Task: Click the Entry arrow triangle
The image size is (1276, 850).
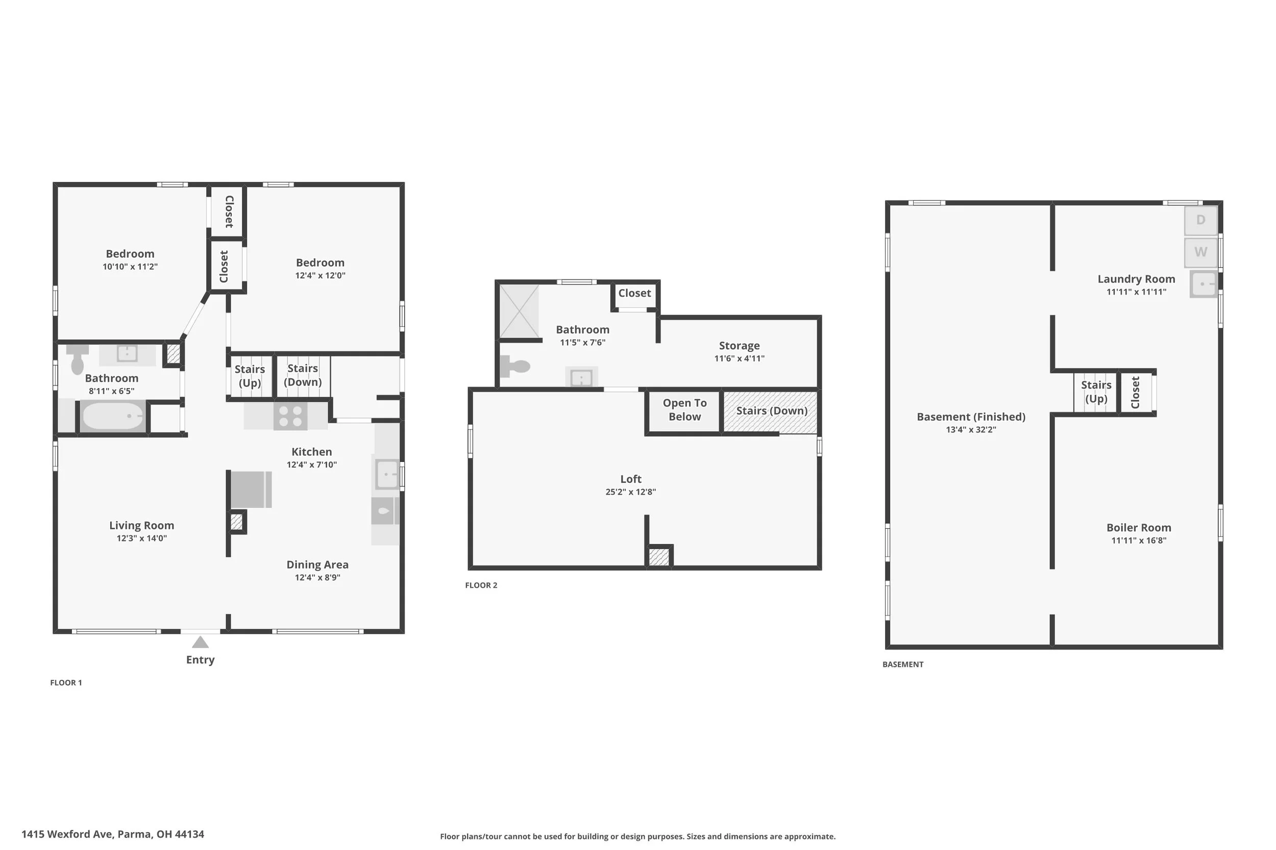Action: (x=200, y=642)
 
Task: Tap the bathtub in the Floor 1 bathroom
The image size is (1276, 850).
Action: (x=113, y=416)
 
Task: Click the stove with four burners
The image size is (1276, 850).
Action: (x=290, y=416)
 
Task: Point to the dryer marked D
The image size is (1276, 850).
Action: (x=1200, y=220)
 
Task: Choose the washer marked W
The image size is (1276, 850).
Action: (x=1200, y=252)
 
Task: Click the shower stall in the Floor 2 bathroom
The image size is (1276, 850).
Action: (x=519, y=311)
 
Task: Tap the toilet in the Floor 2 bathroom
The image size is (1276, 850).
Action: (x=514, y=367)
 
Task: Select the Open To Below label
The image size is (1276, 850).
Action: (x=684, y=410)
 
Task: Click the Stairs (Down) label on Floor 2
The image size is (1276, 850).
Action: (x=771, y=411)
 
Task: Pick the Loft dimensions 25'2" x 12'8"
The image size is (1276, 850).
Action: (x=630, y=492)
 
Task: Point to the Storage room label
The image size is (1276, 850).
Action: (x=739, y=346)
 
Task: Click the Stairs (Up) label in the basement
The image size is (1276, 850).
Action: (x=1096, y=392)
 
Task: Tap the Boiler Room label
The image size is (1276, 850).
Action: (x=1139, y=527)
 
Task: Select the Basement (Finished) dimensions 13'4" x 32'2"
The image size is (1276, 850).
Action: (x=971, y=430)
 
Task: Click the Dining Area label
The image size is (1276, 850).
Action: (x=317, y=565)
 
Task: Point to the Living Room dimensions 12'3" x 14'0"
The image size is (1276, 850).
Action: (x=141, y=538)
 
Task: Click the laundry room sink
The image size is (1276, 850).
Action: (x=1204, y=284)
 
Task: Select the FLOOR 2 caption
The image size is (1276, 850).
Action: (x=481, y=585)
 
